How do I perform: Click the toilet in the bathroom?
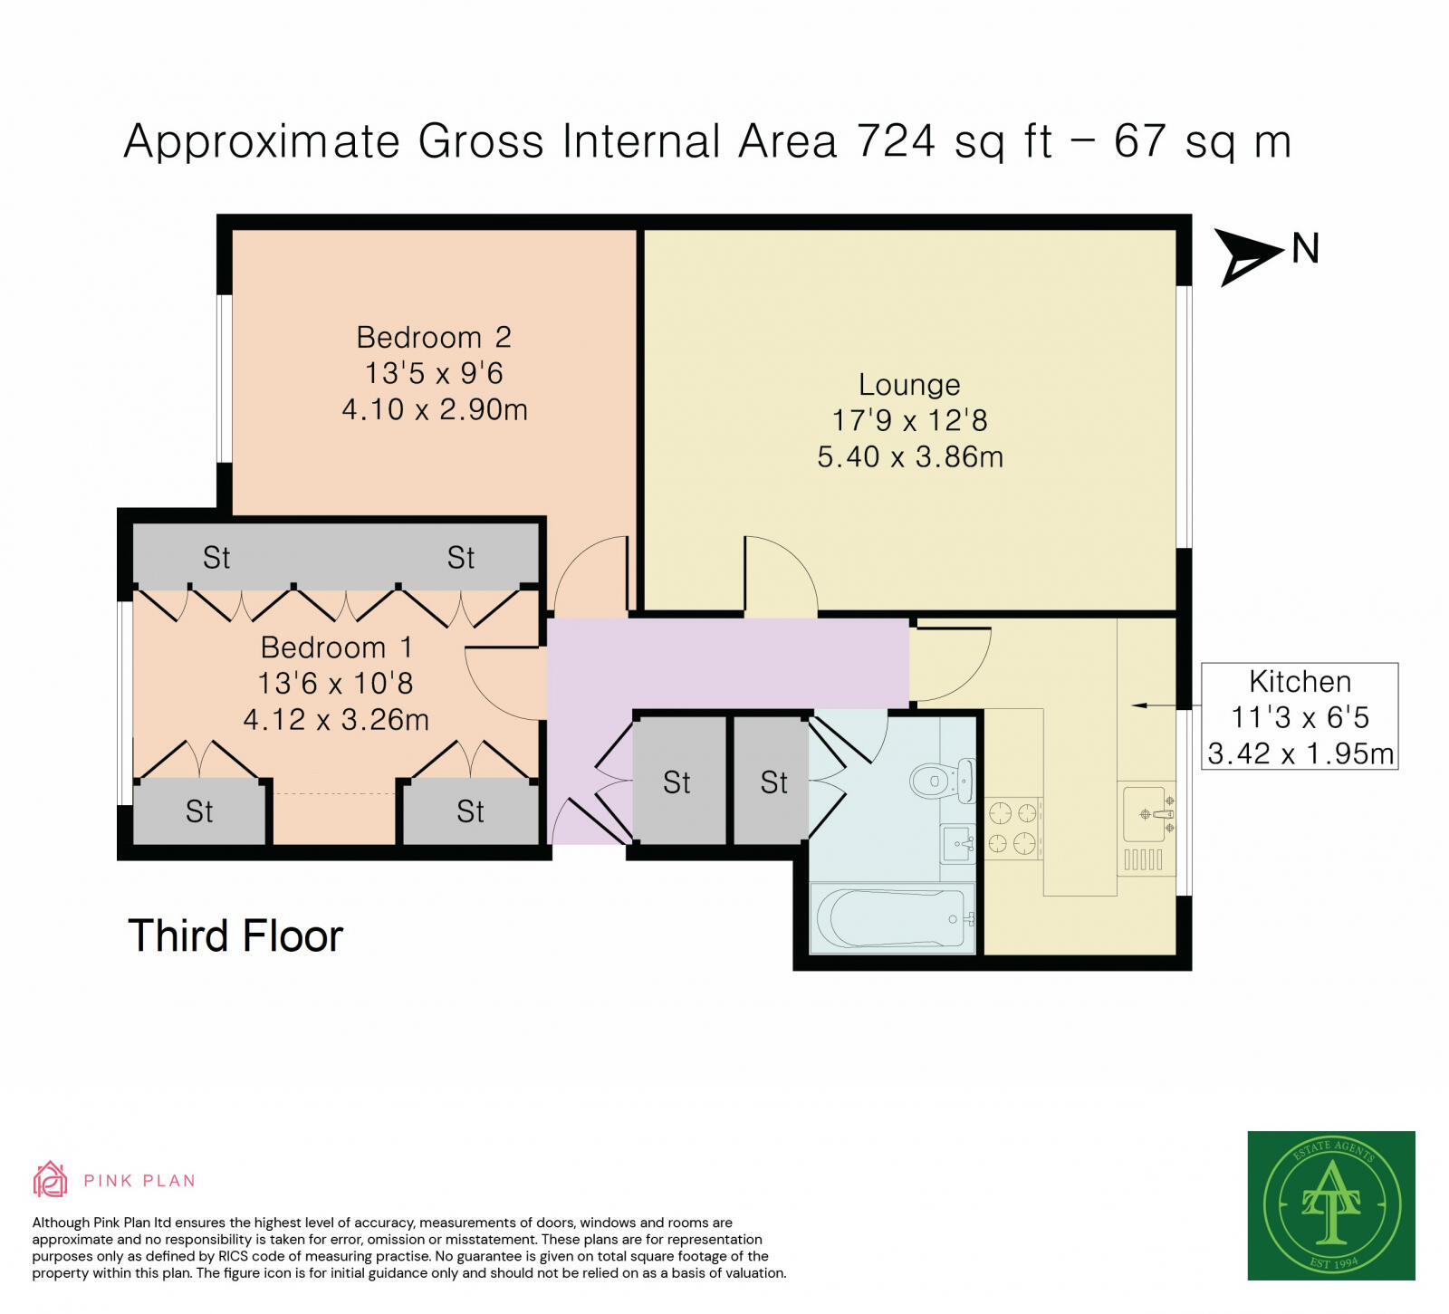(942, 779)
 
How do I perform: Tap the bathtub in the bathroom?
(892, 917)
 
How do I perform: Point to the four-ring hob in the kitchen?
(1012, 828)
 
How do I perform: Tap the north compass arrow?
(1249, 256)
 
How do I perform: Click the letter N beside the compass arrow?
(1305, 249)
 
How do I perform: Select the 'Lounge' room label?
(909, 385)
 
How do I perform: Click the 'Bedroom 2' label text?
(434, 338)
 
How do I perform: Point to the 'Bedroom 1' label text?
(336, 647)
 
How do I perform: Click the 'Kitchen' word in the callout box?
(1300, 681)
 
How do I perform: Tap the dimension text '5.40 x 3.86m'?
(910, 456)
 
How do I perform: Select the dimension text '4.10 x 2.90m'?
(435, 409)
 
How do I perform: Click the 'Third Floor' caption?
(235, 935)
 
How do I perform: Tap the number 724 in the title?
(896, 141)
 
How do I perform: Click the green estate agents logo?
(1331, 1205)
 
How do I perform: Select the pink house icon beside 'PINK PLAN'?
(51, 1179)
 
